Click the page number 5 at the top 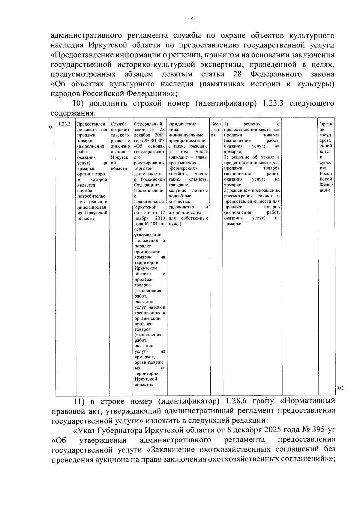[x=192, y=20]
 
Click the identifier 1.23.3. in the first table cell [x=65, y=124]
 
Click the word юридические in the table [x=182, y=124]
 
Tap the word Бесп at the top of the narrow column [x=216, y=124]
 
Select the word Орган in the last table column [x=326, y=124]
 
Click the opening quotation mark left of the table [x=50, y=127]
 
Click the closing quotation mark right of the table [x=340, y=388]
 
